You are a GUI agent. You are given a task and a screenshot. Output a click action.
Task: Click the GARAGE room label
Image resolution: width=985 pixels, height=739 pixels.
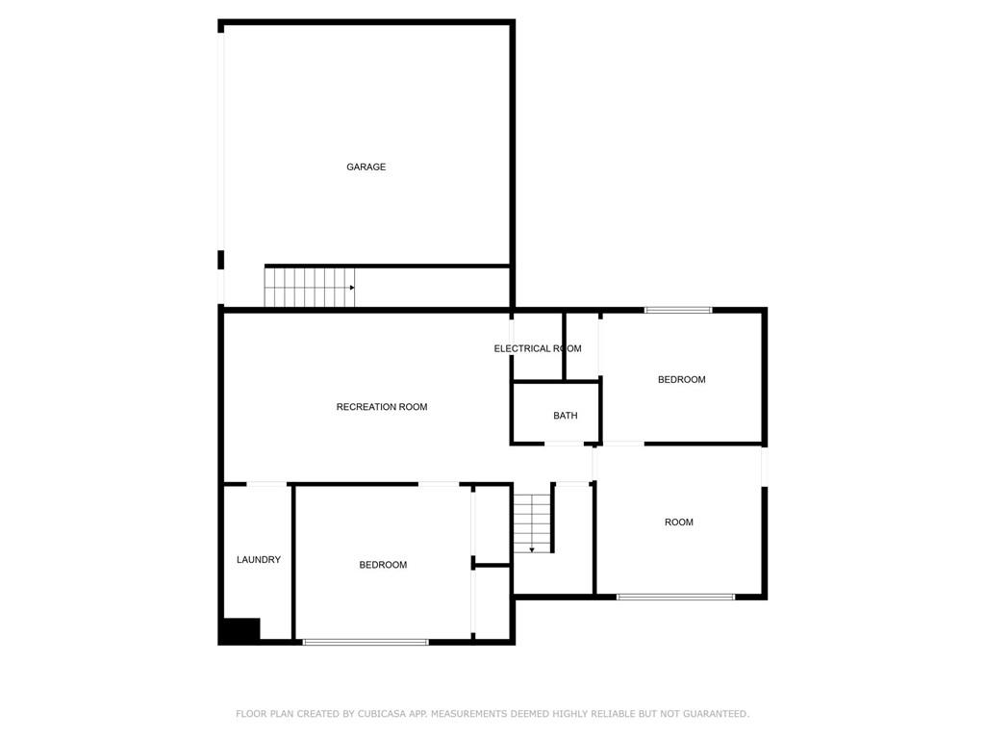click(x=366, y=166)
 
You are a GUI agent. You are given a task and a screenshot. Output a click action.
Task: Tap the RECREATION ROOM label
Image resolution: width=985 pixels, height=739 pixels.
click(x=382, y=407)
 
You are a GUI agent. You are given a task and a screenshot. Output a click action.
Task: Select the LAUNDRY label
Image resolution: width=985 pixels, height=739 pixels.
click(x=259, y=559)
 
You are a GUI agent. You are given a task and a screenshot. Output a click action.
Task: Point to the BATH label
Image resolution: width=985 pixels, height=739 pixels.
click(x=566, y=416)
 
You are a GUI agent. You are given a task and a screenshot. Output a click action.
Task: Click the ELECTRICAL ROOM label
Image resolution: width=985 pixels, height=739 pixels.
click(x=538, y=348)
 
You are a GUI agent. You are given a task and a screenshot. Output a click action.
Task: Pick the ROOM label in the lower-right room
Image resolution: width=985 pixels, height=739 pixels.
click(x=679, y=522)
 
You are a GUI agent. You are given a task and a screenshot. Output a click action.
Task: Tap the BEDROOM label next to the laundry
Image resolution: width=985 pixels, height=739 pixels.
click(x=383, y=564)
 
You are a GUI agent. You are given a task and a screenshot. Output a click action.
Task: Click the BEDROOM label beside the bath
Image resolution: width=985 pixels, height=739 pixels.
click(x=682, y=379)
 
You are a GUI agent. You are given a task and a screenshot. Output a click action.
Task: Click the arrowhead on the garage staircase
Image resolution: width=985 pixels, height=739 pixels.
click(x=352, y=287)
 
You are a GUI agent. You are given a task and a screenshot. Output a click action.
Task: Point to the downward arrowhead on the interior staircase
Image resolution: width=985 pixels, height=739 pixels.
click(x=532, y=549)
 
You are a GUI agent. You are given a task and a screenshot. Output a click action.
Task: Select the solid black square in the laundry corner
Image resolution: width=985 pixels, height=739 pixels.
click(x=240, y=631)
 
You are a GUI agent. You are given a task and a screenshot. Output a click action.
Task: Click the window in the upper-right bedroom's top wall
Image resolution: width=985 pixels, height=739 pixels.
click(x=678, y=309)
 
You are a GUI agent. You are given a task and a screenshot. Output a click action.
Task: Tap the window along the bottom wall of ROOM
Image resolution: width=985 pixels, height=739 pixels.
click(x=675, y=597)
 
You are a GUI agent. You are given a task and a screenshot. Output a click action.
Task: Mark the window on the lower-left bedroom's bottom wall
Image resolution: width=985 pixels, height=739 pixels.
click(x=366, y=642)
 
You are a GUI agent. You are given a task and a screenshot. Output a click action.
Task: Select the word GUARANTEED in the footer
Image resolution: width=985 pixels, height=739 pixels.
click(x=716, y=714)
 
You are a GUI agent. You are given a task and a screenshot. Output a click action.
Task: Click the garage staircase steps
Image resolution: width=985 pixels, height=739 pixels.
click(x=309, y=287)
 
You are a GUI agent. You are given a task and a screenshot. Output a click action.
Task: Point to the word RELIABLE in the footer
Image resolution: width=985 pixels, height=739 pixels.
click(x=614, y=714)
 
